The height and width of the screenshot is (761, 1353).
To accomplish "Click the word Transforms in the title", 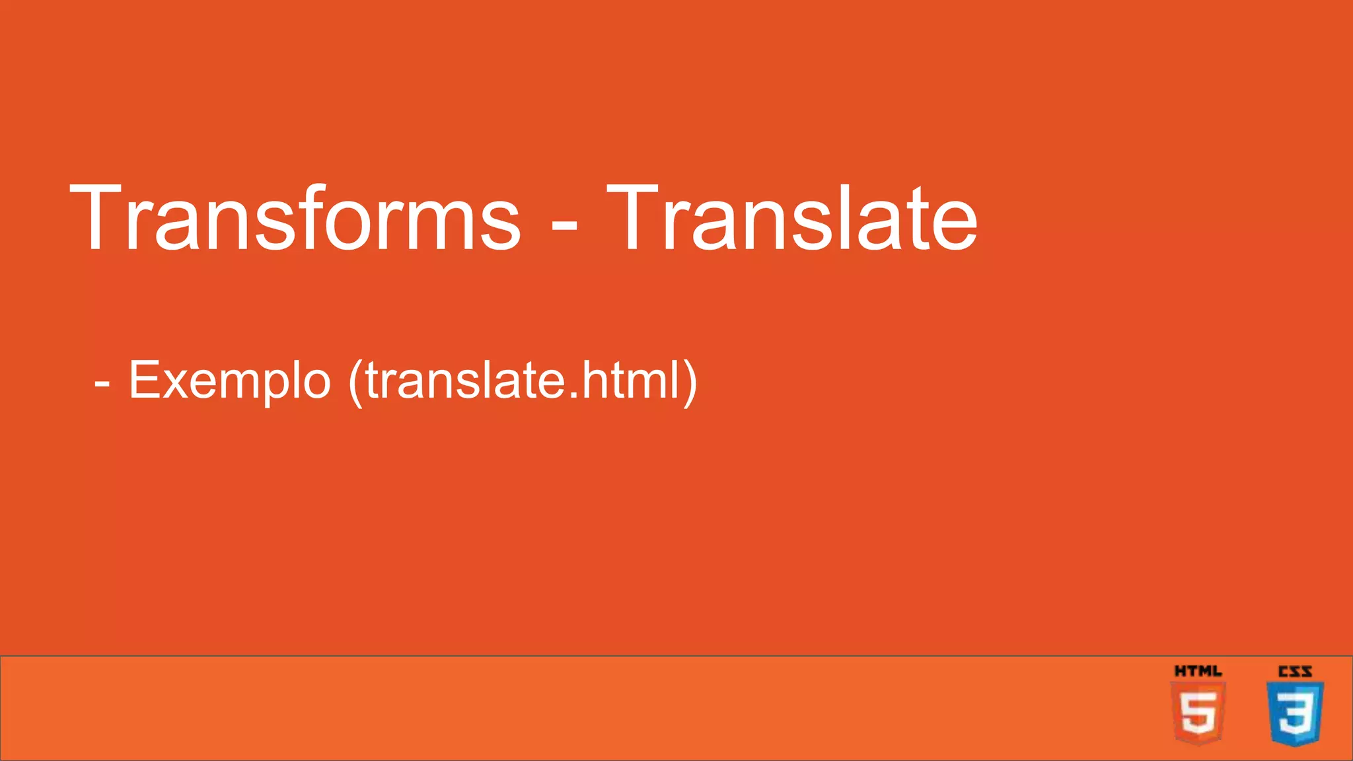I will click(x=295, y=218).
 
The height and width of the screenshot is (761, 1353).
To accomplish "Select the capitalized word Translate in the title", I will click(x=791, y=218).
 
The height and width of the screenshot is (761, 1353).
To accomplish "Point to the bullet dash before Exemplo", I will click(x=102, y=383).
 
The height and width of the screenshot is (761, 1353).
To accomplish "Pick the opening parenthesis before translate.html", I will click(x=355, y=383).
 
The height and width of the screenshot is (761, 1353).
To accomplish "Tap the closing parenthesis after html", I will click(x=690, y=383).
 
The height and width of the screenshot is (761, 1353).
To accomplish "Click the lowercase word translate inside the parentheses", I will click(x=462, y=382).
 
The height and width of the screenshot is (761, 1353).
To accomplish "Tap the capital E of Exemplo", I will click(x=145, y=380).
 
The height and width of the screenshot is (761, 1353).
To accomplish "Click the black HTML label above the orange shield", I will click(x=1198, y=671).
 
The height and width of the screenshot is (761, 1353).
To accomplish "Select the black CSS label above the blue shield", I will click(x=1295, y=671).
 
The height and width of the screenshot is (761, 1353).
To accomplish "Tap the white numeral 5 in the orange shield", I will click(x=1198, y=714).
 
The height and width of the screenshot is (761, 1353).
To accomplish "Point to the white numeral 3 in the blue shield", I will click(x=1295, y=714).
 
